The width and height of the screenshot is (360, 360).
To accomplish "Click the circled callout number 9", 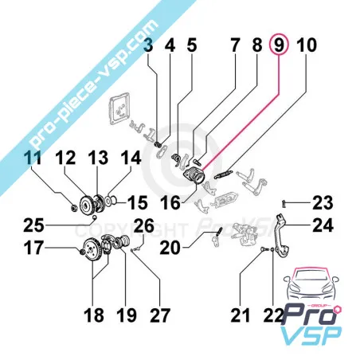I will pos(279,46).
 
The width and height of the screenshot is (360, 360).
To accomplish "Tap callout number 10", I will pos(307,46).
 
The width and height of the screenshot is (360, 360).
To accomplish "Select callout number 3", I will pos(147,47).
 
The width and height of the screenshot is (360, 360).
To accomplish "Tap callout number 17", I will pos(33,248).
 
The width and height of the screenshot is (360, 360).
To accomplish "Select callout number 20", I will pos(170,248).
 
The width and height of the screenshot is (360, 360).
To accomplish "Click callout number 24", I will pos(322,226).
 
